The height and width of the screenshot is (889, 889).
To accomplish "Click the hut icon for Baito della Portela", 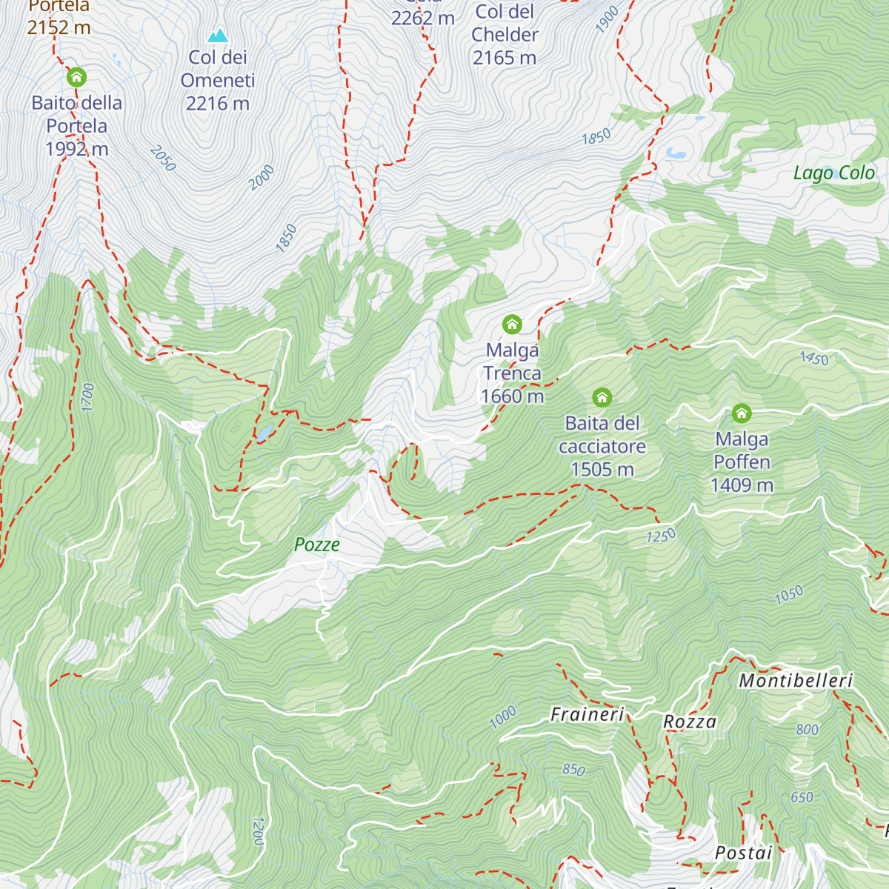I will [x=76, y=77].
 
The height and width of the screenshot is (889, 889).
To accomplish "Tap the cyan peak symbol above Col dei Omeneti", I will [x=217, y=36].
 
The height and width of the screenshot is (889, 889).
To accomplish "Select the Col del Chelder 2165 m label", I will [x=505, y=35].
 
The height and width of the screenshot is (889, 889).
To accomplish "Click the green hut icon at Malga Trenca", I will [x=512, y=324].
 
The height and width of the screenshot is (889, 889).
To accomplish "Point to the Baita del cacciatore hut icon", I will [x=602, y=398].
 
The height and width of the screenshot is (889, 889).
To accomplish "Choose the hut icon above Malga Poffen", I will [x=742, y=413].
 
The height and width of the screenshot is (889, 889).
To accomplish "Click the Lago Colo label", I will [x=834, y=173].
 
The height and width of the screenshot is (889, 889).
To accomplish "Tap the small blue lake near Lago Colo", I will [x=676, y=153].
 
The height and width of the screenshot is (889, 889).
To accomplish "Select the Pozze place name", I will [x=317, y=545].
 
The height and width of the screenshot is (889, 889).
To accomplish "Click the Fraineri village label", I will [x=587, y=715].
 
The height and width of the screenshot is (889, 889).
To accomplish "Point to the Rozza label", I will [x=690, y=722].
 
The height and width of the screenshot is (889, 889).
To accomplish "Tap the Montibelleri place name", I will [x=796, y=681].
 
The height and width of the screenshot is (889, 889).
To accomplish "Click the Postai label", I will [x=743, y=853].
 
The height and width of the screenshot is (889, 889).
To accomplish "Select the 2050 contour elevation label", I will [x=163, y=159].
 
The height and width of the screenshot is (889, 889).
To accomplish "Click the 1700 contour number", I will [x=88, y=398].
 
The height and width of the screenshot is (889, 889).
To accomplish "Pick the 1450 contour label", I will [x=814, y=359].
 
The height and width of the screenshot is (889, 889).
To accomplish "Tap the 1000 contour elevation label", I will [x=502, y=717].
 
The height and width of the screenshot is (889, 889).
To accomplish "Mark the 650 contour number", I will [x=802, y=798].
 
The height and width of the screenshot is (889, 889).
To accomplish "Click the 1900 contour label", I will [x=607, y=20].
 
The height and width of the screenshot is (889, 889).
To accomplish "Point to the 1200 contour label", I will [x=258, y=831].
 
